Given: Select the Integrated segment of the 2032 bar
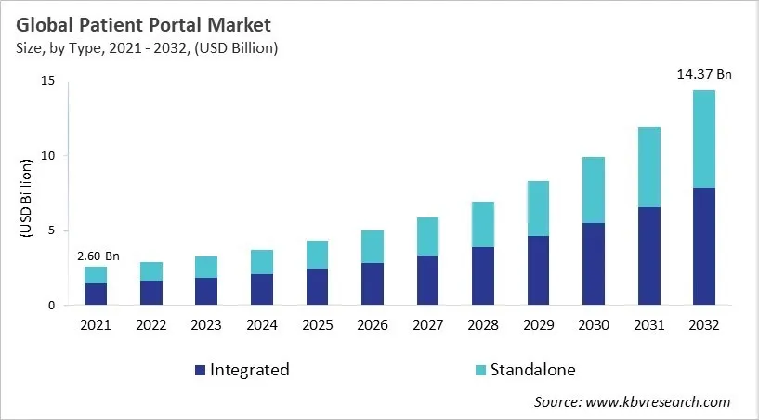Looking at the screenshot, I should [x=703, y=246].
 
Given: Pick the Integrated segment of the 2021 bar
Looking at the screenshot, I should [x=96, y=294].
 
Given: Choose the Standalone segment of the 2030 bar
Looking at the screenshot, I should [x=593, y=190].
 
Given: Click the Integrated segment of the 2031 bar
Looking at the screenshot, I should [x=648, y=256].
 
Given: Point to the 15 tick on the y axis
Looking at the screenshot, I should [x=47, y=81].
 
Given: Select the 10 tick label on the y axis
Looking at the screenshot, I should [x=47, y=156].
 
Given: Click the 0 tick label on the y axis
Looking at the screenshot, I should [x=51, y=306].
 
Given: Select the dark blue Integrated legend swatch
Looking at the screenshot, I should [x=201, y=371].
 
